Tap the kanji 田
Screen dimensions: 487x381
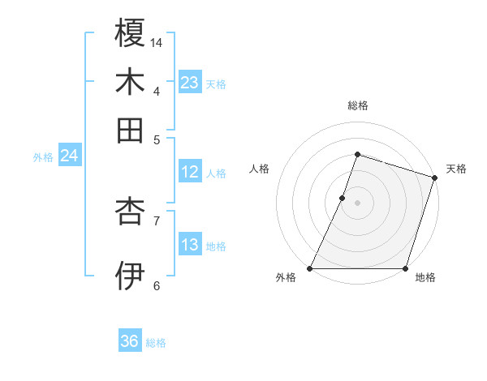pos(130,130)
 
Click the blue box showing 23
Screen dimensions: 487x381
pos(190,83)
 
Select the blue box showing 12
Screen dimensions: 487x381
pos(190,172)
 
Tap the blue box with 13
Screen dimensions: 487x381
pos(190,245)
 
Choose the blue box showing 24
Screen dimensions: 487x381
pos(69,156)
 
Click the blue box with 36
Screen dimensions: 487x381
pos(130,341)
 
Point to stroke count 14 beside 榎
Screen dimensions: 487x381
pos(157,42)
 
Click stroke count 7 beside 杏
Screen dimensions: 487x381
pos(157,220)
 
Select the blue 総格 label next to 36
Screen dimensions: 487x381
pos(157,343)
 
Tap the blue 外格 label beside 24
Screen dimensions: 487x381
pos(43,158)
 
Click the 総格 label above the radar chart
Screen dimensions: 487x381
pos(357,105)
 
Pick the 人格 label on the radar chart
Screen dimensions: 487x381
pos(260,169)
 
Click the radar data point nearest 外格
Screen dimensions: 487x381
pos(310,268)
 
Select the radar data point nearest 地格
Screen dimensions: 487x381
pos(405,268)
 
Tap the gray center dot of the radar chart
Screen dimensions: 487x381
pos(357,202)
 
